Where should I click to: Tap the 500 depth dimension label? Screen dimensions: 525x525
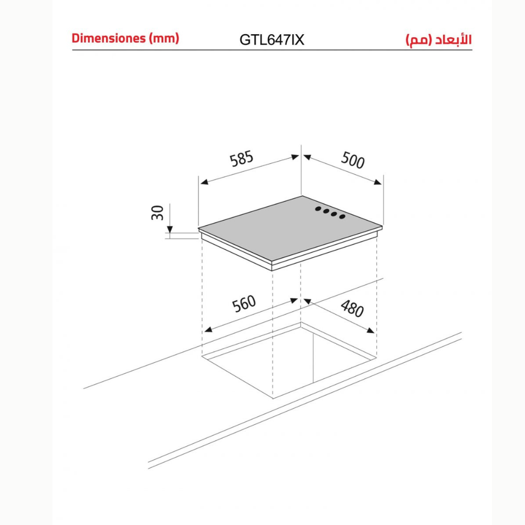click(x=353, y=160)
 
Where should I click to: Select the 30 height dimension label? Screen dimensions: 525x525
click(x=157, y=213)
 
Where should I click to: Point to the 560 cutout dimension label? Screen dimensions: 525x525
click(x=244, y=303)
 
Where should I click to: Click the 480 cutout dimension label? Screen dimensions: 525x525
click(x=352, y=308)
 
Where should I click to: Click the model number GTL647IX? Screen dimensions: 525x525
click(x=272, y=40)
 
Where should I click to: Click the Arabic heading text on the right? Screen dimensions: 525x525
click(x=438, y=40)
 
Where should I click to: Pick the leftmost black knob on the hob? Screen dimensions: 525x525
click(x=318, y=209)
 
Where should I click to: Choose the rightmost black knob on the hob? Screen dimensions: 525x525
click(x=342, y=217)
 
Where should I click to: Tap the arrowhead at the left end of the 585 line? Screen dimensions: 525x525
click(x=204, y=182)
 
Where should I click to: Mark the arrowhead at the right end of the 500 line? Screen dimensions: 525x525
click(x=377, y=182)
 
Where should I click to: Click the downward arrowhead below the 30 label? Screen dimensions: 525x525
click(x=170, y=229)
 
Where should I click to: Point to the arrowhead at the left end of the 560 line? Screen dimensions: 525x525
click(x=208, y=330)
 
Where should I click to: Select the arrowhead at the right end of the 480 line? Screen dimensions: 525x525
click(x=370, y=330)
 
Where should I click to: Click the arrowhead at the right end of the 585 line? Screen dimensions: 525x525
click(x=295, y=156)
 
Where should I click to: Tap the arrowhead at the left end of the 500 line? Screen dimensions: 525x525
click(x=308, y=156)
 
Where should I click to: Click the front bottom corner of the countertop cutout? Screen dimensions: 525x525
click(x=273, y=398)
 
